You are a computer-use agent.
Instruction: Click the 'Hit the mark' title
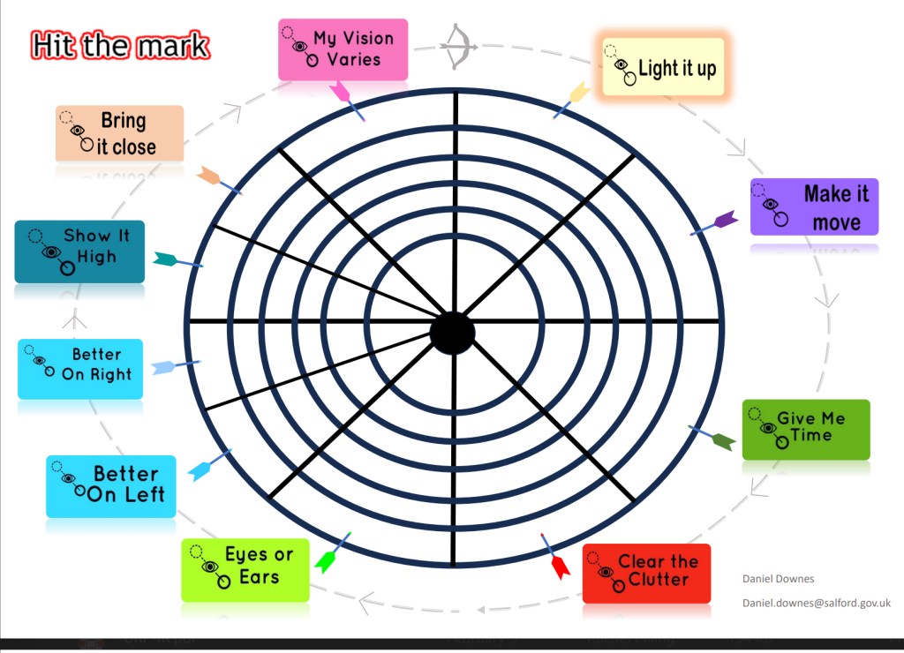[120, 45]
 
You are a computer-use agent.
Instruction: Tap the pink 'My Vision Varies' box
[343, 49]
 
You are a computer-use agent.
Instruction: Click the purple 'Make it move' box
[814, 207]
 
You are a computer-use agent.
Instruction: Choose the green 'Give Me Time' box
[805, 429]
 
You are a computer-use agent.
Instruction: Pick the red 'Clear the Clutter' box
[646, 573]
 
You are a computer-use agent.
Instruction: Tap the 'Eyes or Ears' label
[245, 569]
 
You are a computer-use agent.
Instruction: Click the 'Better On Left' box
[111, 485]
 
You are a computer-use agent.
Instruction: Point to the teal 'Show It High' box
[79, 251]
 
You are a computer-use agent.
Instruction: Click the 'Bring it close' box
[119, 133]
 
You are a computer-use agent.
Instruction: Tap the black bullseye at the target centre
[452, 333]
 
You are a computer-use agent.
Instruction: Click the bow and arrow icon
[459, 44]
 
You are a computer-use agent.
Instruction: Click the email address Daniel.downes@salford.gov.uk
[816, 603]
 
